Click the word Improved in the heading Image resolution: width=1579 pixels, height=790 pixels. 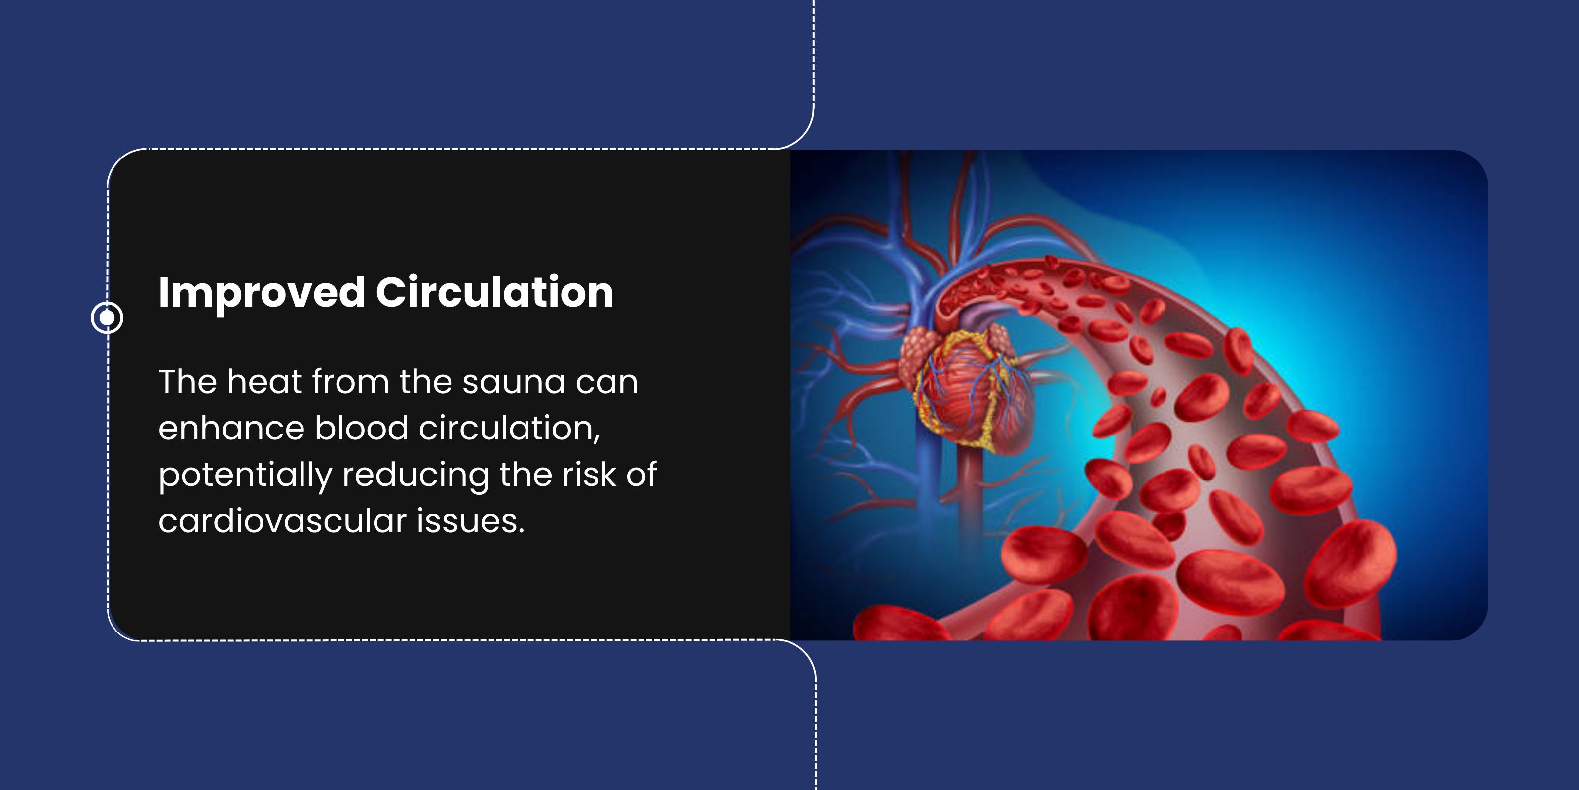coord(262,293)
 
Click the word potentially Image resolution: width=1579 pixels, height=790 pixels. coord(245,476)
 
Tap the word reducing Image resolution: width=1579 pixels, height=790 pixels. coord(415,476)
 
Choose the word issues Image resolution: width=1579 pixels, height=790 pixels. coord(471,521)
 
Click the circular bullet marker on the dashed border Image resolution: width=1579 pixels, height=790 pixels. coord(107,317)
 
